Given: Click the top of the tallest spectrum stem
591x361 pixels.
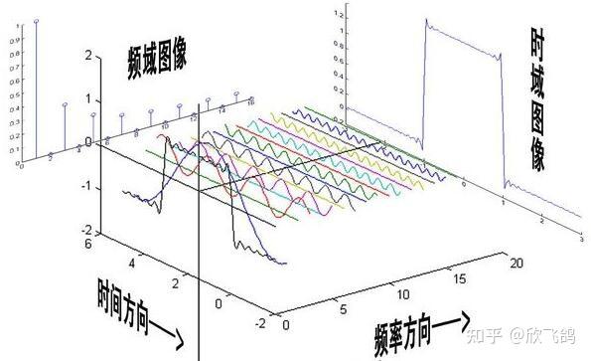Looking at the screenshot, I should (x=38, y=21).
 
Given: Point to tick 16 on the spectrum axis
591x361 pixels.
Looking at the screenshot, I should (x=251, y=101).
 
